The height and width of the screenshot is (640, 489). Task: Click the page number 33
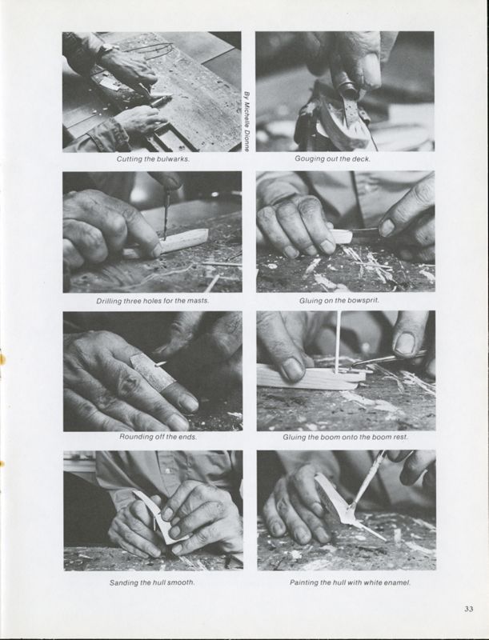point(468,609)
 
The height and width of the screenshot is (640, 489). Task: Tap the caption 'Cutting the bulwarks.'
point(153,158)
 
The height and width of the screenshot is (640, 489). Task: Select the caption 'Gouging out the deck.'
point(333,158)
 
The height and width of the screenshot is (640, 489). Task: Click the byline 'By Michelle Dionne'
point(247,122)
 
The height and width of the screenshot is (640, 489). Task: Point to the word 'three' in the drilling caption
point(133,301)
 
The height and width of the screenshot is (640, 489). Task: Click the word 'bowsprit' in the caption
point(363,301)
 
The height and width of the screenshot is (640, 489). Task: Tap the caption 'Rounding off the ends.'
point(158,437)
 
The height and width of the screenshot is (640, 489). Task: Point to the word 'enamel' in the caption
point(398,582)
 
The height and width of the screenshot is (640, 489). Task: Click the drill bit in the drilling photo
point(166,215)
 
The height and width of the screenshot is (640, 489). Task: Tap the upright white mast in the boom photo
point(338,342)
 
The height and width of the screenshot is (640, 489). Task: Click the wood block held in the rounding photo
point(152,371)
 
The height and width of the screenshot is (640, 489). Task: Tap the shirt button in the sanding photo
point(168,471)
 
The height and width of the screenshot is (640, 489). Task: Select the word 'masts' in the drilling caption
point(198,301)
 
